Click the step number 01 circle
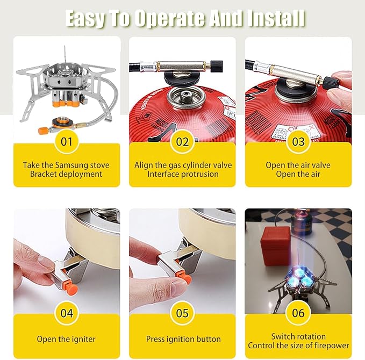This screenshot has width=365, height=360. tap(67, 141)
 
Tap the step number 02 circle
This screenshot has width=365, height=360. tap(182, 141)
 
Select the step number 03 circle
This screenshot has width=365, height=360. tap(298, 141)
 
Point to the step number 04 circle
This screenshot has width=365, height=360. tap(67, 313)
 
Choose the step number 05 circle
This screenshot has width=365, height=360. tap(182, 313)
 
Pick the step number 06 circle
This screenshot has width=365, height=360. tap(298, 313)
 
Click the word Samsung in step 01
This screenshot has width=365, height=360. tap(71, 165)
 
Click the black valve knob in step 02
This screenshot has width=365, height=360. tap(217, 66)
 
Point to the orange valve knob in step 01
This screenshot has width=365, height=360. tap(43, 130)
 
